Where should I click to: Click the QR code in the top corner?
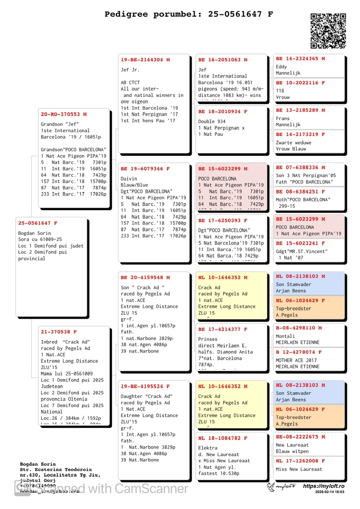click(328, 31)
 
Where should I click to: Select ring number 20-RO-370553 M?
click(64, 115)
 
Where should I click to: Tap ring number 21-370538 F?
click(59, 332)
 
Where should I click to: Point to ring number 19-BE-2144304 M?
click(145, 59)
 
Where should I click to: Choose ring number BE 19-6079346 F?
click(145, 169)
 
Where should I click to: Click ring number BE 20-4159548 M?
click(145, 278)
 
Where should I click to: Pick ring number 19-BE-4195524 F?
click(145, 387)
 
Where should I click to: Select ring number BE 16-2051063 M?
click(223, 59)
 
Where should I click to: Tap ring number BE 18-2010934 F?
click(223, 112)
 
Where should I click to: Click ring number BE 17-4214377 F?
click(223, 329)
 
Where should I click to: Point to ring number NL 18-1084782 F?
click(223, 438)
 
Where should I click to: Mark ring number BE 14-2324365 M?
click(301, 59)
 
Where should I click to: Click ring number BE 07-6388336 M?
click(301, 167)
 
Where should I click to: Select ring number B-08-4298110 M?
click(299, 328)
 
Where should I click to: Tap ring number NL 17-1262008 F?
click(301, 461)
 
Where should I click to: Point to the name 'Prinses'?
click(208, 339)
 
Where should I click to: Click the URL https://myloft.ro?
click(324, 486)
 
